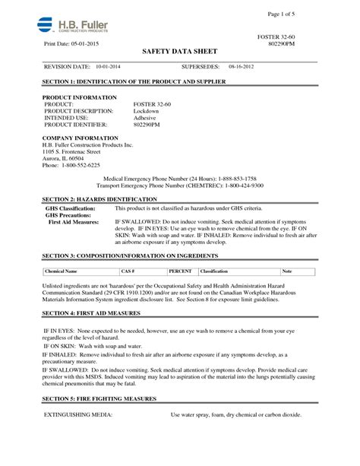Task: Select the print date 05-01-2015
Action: [x=87, y=43]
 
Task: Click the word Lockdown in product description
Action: [x=147, y=112]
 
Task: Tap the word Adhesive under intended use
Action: [x=146, y=118]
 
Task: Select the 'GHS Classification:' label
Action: [x=71, y=208]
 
